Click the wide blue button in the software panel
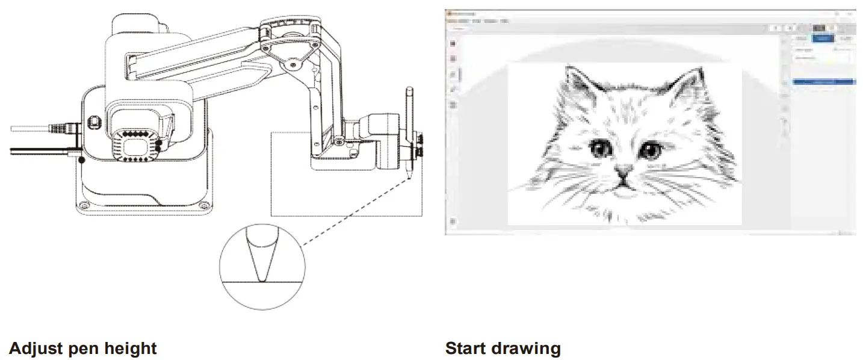point(824,81)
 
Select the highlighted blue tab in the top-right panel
point(823,39)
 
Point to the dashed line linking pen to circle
point(355,211)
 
